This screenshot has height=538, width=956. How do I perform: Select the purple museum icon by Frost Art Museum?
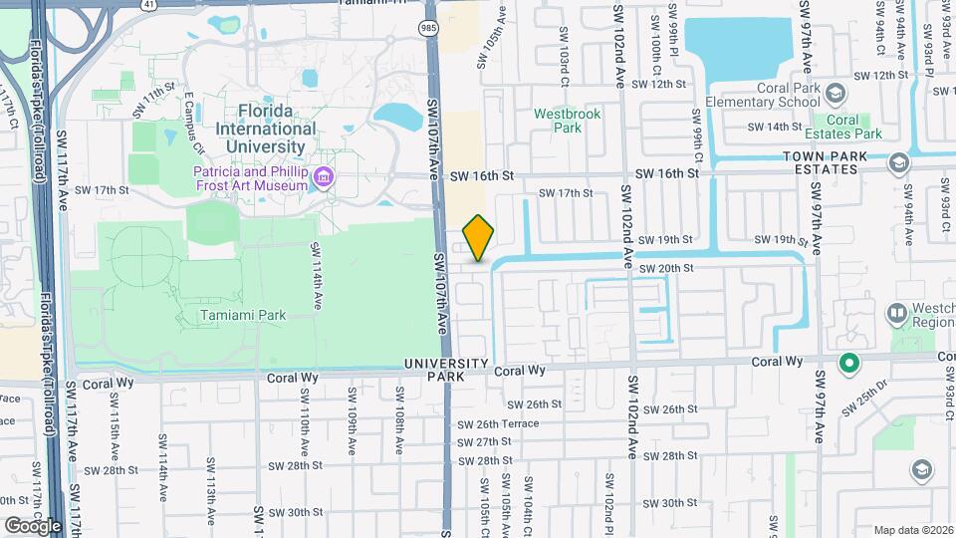coord(323,178)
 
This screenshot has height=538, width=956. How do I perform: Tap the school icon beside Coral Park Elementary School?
coord(835,95)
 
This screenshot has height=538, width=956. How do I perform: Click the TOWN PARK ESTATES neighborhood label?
coord(820,162)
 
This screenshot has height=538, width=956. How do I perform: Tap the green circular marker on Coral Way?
coord(848,363)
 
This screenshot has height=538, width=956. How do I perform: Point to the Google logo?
coord(33,525)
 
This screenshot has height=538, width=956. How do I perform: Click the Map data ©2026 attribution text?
coord(912,530)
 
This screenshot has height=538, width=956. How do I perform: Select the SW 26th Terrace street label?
coord(498,423)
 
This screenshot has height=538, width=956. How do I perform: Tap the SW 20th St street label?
coord(665,269)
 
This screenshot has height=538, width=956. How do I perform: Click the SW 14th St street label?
coord(777,127)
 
